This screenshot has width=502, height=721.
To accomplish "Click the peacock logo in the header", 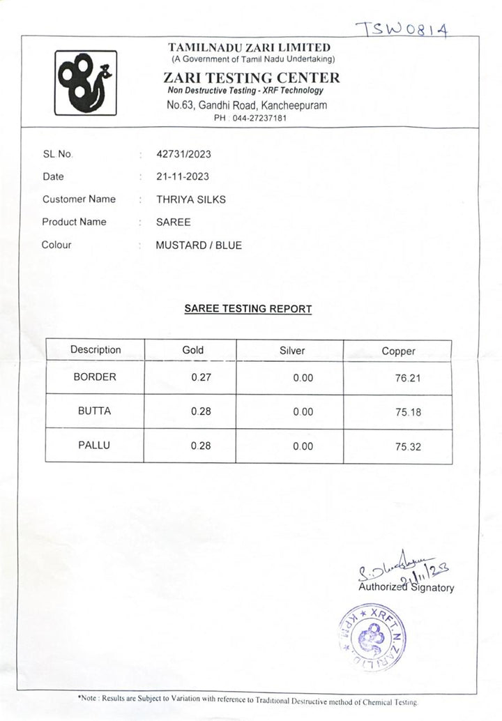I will pos(86,82).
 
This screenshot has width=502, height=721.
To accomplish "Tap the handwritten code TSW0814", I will pos(402,29).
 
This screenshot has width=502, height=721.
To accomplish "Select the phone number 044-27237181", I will pos(259,119).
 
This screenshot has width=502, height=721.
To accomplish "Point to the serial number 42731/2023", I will pos(183,154).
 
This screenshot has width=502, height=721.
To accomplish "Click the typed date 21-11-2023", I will pos(182,176).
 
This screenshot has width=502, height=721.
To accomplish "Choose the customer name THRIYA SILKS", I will pos(190,199).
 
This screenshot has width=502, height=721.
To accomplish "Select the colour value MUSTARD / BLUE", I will pos(199,245).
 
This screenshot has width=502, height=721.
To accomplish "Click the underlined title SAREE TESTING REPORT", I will pos(248,308).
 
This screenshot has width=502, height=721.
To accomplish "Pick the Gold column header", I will pos(192,350).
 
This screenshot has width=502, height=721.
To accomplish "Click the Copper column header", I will pos(398,351).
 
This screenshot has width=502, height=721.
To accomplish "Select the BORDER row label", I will pos(95,377).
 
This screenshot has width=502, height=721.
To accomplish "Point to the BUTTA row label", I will pos(94,411).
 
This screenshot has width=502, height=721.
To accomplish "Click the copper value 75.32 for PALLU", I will pos(408,446).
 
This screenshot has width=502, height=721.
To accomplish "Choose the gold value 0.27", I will pos(201,377).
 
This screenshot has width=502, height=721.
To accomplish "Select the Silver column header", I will pos(291,351).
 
